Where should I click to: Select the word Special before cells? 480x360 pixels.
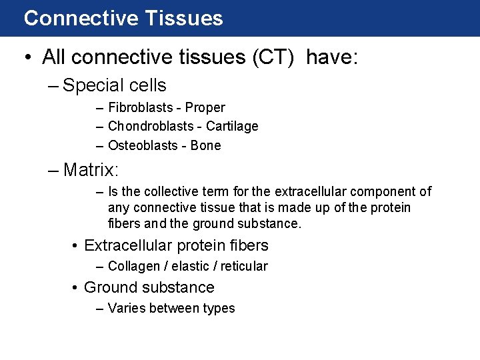(x=94, y=86)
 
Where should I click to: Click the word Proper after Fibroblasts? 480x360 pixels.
(x=205, y=107)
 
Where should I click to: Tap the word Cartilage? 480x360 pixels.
(x=232, y=126)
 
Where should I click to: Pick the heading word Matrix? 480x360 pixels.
(x=91, y=170)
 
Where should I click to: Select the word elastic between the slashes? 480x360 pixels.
(x=191, y=267)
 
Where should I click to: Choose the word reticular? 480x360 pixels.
(x=244, y=267)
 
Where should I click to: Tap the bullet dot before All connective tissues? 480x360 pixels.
(x=28, y=58)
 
